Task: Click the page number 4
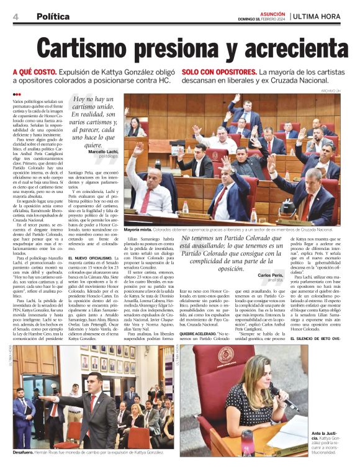coord(15,16)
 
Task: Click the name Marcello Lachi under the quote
coord(105,152)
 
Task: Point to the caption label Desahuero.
coord(25,453)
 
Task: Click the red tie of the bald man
coord(145,200)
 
